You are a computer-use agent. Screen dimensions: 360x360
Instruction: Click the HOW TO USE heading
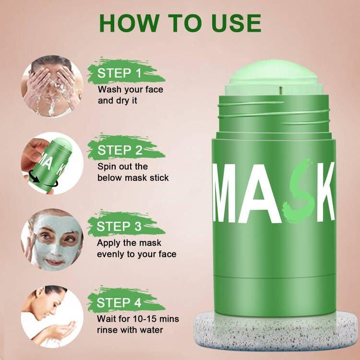180,23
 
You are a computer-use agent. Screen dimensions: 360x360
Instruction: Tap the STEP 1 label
120,73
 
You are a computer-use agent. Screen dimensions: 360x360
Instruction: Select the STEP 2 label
120,150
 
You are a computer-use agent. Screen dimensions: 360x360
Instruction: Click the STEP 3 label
120,226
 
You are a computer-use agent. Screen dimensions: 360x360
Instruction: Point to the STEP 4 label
120,303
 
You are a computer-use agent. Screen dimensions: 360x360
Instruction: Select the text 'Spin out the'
122,167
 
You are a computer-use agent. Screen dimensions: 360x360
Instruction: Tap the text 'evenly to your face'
136,254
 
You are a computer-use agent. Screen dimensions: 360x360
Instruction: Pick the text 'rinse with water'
130,330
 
